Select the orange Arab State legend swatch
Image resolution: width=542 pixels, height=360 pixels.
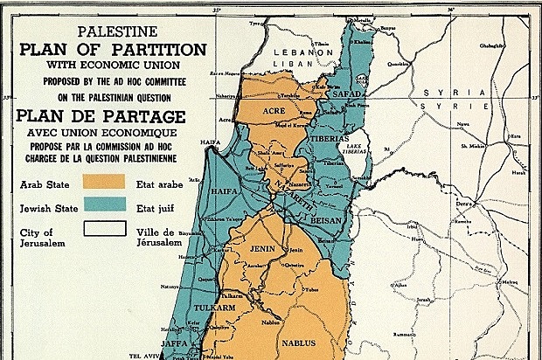(x=104, y=184)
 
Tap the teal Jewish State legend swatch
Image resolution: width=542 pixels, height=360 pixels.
(x=104, y=210)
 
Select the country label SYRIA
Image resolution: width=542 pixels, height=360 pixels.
(x=441, y=92)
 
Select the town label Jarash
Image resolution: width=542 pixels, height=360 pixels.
(x=426, y=300)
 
